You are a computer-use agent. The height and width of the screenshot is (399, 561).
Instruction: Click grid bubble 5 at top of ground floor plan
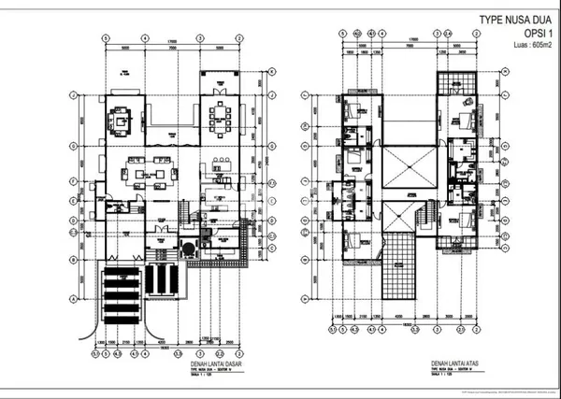pyautogui.click(x=107, y=38)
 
